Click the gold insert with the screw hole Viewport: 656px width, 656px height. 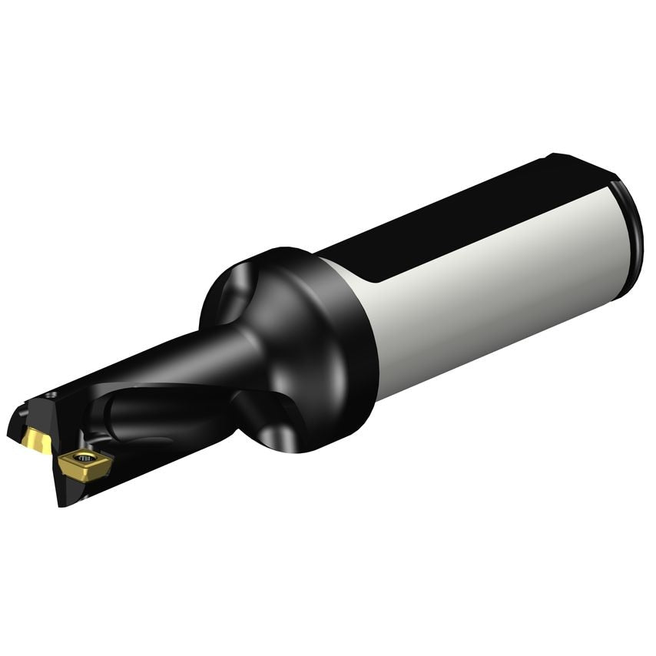(83, 462)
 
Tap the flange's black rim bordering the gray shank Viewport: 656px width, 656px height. (361, 338)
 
